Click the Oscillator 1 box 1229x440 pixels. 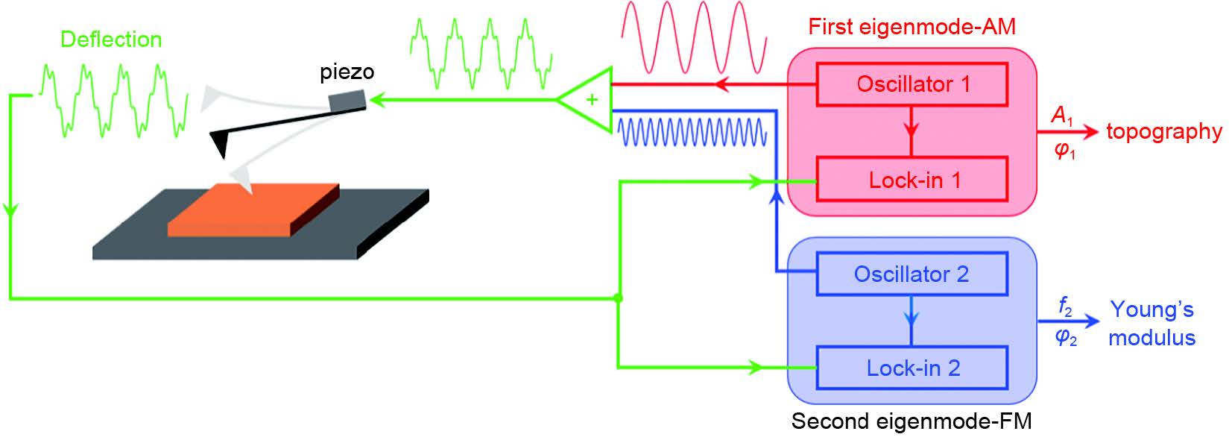[912, 84]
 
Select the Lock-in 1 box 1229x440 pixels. [912, 180]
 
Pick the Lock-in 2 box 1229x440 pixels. [912, 368]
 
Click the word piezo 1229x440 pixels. [347, 72]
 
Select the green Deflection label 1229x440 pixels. [111, 39]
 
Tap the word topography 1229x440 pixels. [1163, 131]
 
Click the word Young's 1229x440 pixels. [1151, 309]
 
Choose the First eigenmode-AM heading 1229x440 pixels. [912, 27]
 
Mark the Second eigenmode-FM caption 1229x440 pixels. [911, 421]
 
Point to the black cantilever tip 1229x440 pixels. [221, 145]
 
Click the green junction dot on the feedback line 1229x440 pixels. [618, 298]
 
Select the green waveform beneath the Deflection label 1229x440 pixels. [112, 101]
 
